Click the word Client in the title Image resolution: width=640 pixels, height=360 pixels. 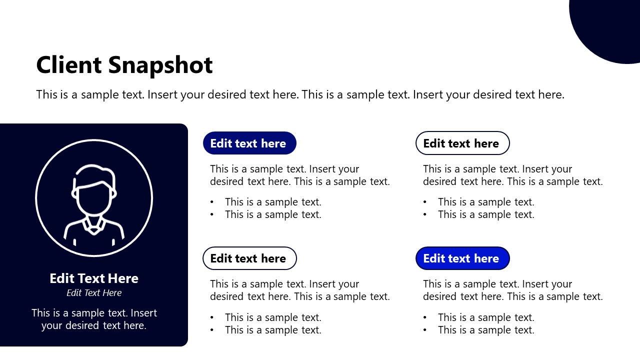[69, 65]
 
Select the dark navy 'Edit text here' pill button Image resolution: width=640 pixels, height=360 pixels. [249, 143]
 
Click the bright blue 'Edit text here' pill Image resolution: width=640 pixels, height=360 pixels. [462, 258]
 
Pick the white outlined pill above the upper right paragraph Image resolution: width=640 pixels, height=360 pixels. [462, 143]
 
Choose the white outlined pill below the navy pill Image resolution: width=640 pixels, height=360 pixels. [249, 258]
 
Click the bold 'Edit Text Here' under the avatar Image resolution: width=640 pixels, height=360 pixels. [94, 278]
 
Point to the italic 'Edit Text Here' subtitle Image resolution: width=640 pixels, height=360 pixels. [94, 293]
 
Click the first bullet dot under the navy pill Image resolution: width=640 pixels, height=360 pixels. [212, 202]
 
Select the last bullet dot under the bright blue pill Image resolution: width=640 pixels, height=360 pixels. [425, 330]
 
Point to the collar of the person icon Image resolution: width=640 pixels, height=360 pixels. [94, 225]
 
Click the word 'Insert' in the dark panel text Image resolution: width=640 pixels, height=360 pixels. [144, 313]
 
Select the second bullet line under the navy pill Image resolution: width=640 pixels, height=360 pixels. [273, 215]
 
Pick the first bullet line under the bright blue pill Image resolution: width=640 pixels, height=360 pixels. [486, 317]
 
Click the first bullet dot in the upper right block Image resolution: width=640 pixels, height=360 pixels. [425, 202]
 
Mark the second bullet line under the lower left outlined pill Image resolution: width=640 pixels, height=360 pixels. [273, 330]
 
